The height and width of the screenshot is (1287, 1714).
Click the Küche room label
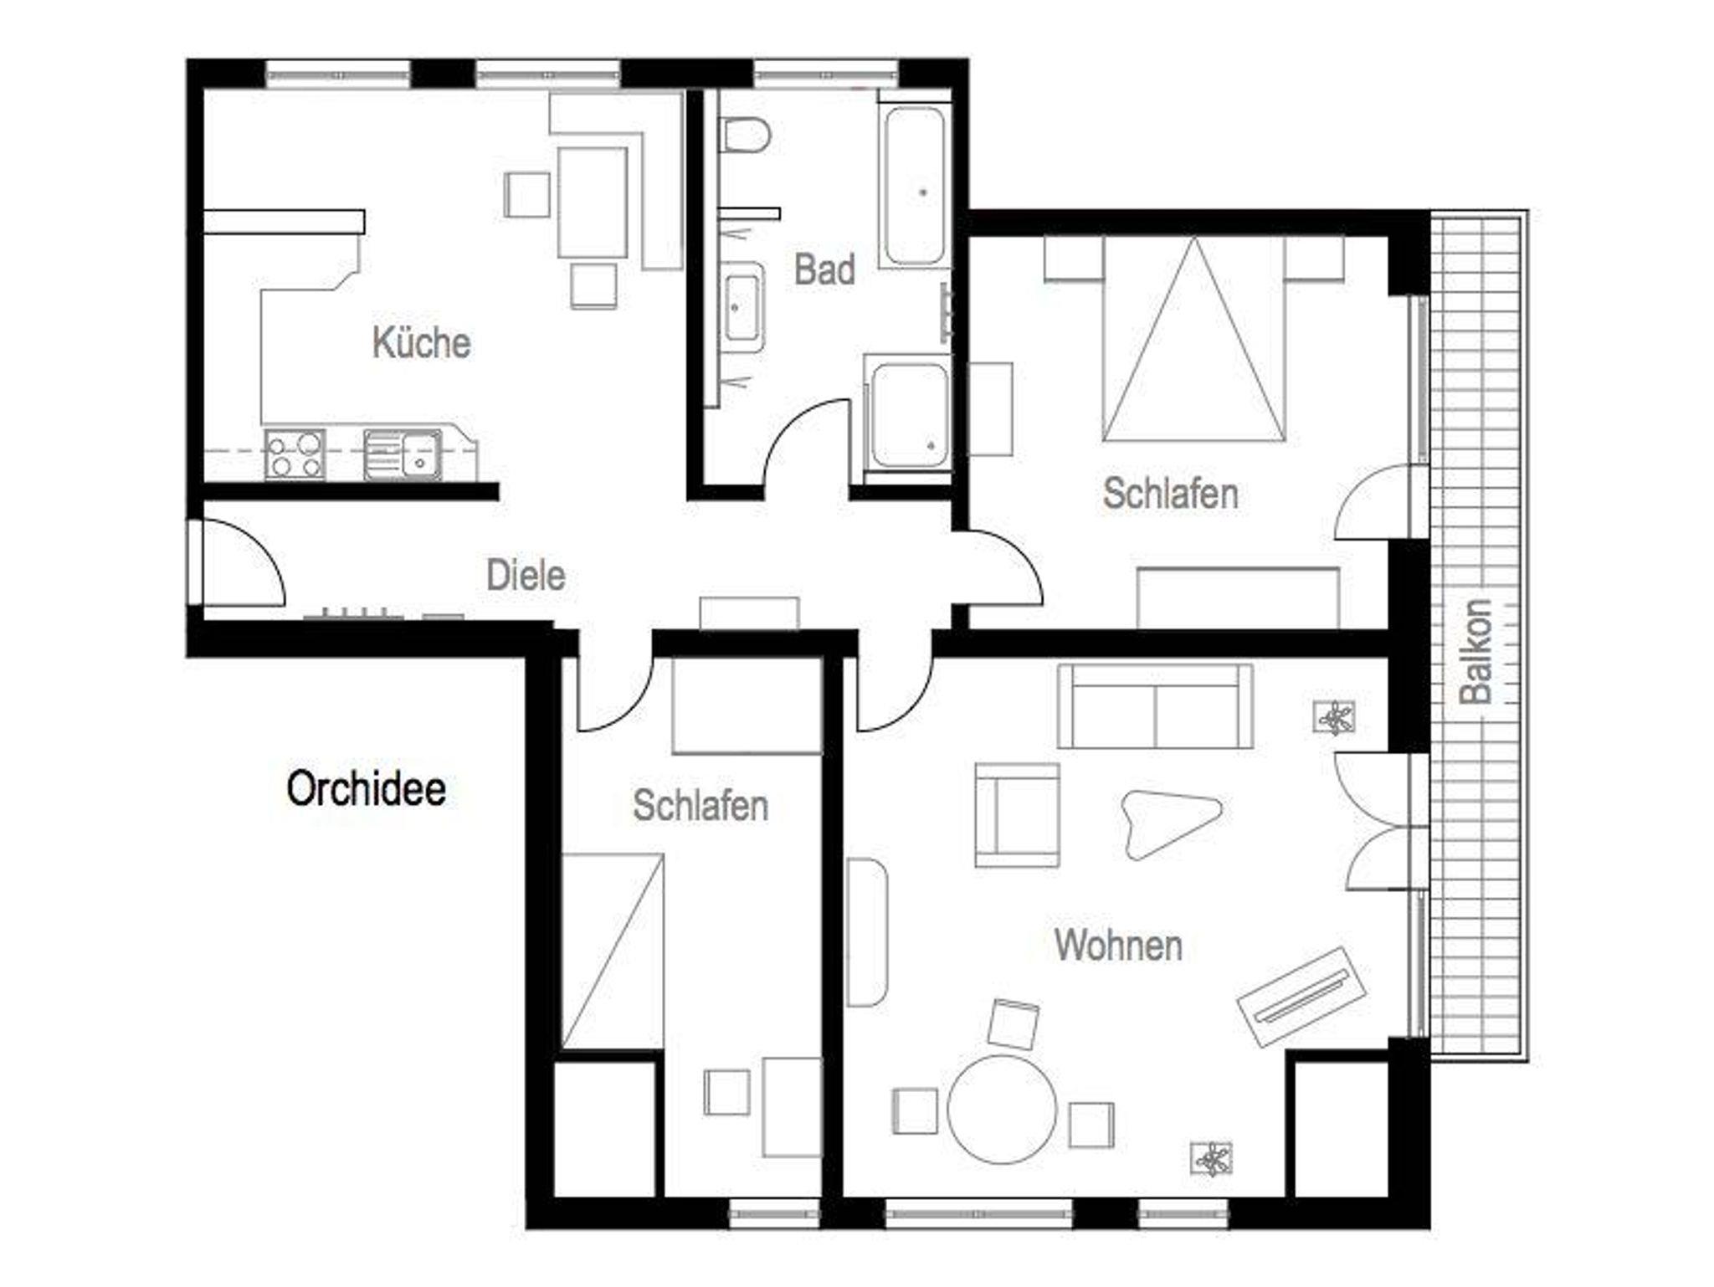coord(421,343)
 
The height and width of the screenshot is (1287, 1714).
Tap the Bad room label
coord(824,269)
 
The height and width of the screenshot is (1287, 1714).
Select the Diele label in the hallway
coord(526,576)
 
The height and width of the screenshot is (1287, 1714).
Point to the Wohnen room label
coord(1118,945)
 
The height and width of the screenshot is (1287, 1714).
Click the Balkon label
coord(1475,651)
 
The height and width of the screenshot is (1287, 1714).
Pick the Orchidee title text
coord(366,788)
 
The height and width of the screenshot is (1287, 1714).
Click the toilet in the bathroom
coord(745,136)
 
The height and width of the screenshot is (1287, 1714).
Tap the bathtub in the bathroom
coord(914,185)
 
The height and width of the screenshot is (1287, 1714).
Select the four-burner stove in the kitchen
coord(295,454)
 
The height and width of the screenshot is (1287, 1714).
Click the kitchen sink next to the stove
coord(403,454)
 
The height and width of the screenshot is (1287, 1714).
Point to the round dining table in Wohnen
coord(1002,1109)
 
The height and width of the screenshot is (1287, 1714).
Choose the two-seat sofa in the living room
coord(1155,705)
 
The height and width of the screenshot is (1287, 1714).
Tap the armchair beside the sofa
coord(1017,814)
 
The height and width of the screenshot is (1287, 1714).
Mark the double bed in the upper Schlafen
coord(1193,338)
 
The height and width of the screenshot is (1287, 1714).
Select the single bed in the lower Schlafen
coord(613,951)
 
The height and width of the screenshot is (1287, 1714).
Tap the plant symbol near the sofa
coord(1335,717)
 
